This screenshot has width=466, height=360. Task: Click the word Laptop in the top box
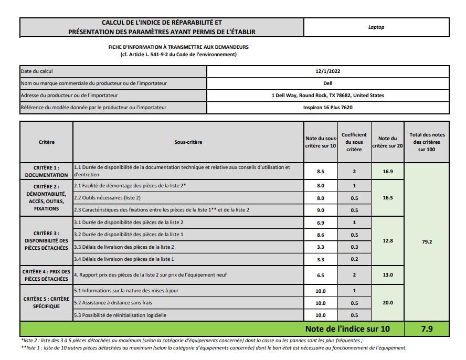(x=376, y=27)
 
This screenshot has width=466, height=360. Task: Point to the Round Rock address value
(x=328, y=96)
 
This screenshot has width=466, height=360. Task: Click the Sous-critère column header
(x=188, y=142)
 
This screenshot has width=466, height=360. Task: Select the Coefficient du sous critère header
(x=354, y=142)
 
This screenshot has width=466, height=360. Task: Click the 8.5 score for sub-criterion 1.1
(x=320, y=171)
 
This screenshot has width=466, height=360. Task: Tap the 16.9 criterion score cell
(x=388, y=171)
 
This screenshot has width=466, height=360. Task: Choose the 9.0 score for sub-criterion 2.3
(x=320, y=210)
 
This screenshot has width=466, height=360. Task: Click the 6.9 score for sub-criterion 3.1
(x=320, y=223)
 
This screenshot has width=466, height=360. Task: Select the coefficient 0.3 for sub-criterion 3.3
(x=354, y=247)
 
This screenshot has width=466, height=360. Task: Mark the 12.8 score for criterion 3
(x=388, y=241)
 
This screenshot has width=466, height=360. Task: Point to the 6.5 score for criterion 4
(x=320, y=275)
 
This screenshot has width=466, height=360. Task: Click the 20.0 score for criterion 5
(x=388, y=303)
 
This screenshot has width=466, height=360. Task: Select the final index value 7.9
(x=427, y=329)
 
